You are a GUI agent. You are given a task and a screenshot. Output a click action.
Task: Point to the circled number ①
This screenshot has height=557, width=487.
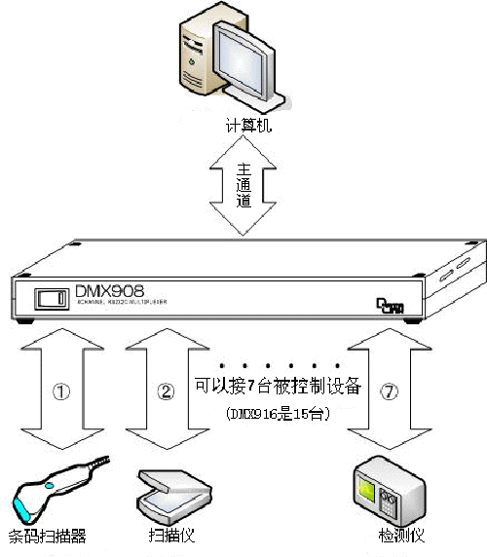coord(61,392)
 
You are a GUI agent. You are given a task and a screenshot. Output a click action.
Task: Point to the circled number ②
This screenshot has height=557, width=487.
coord(166,392)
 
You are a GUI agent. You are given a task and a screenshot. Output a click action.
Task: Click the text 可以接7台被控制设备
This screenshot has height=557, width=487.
coord(278,387)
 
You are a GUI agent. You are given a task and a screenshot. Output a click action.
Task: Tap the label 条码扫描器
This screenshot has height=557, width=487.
coord(48,538)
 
